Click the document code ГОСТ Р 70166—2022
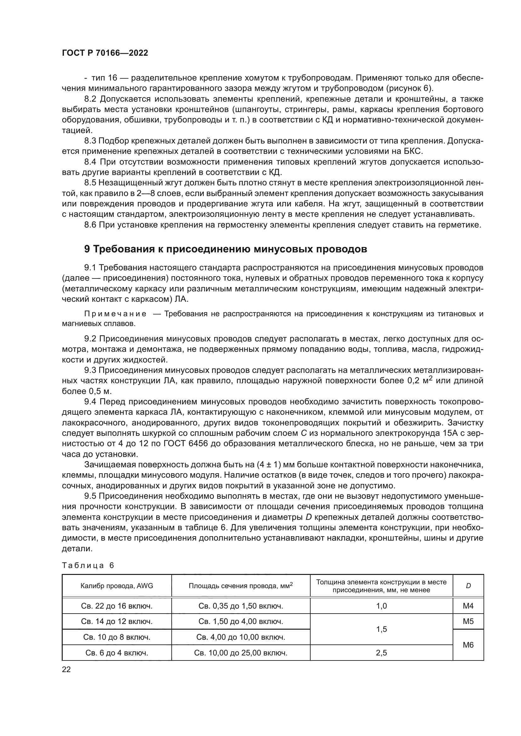point(105,53)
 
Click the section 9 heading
point(226,249)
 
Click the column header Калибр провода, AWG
point(117,586)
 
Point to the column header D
point(468,586)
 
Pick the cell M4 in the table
point(468,606)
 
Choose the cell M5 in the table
point(468,621)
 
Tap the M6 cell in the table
point(468,645)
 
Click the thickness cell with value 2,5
point(381,653)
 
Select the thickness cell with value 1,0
point(381,606)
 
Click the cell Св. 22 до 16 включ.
point(117,606)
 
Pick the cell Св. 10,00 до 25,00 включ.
point(241,653)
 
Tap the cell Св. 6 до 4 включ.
point(117,653)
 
